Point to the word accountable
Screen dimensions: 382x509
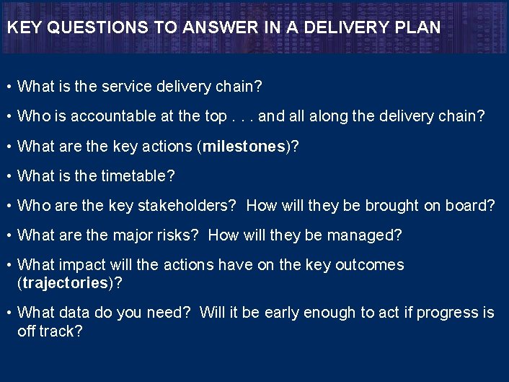(x=128, y=116)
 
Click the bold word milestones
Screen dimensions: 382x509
(x=244, y=147)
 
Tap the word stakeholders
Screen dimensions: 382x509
(x=185, y=206)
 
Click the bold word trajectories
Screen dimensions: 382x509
(x=65, y=282)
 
